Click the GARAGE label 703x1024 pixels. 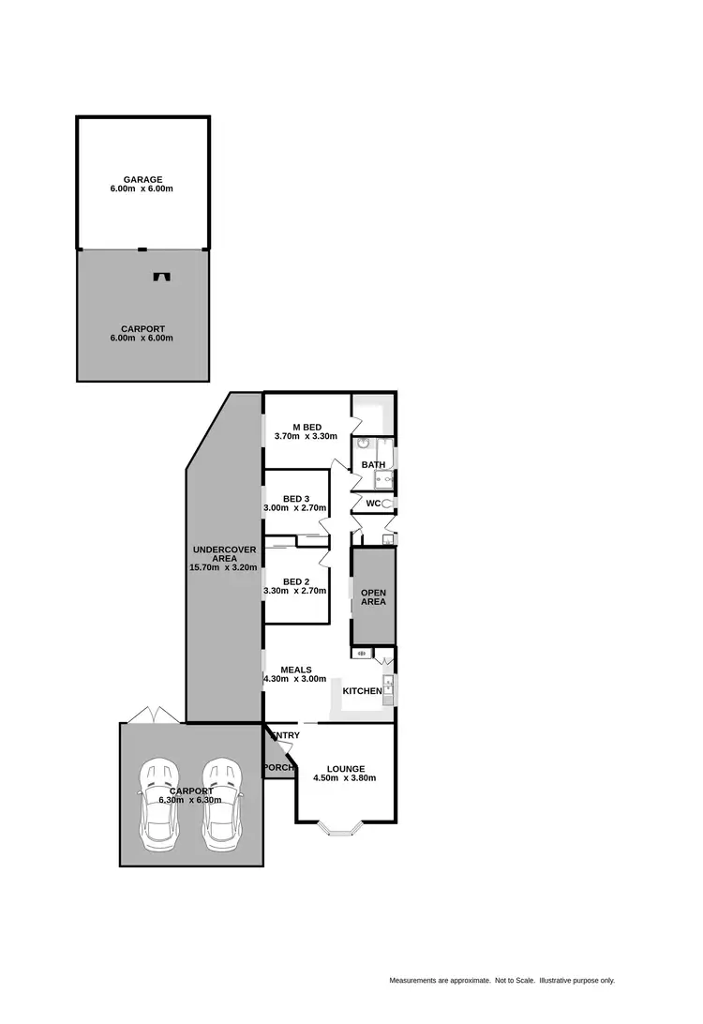pyautogui.click(x=142, y=179)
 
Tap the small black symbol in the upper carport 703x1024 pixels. pyautogui.click(x=162, y=277)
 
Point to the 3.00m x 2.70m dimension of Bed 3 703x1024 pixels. pyautogui.click(x=295, y=507)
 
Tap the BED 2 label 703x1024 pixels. pyautogui.click(x=296, y=581)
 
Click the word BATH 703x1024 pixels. pyautogui.click(x=373, y=464)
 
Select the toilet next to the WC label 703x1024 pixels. pyautogui.click(x=387, y=504)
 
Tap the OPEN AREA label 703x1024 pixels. pyautogui.click(x=373, y=596)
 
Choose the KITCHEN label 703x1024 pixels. pyautogui.click(x=362, y=691)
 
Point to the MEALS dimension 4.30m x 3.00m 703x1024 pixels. pyautogui.click(x=295, y=679)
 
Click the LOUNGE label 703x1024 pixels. pyautogui.click(x=346, y=769)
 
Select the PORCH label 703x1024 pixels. pyautogui.click(x=279, y=768)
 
